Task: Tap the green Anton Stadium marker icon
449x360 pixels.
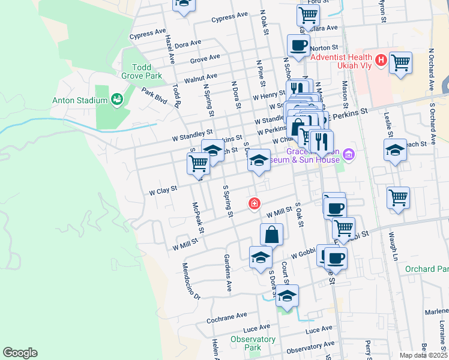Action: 116,99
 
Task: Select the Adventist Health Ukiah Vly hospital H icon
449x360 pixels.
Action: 380,60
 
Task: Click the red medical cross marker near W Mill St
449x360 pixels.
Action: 255,205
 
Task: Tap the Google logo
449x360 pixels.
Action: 20,353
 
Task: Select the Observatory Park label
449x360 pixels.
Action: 254,343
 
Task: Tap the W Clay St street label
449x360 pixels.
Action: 163,191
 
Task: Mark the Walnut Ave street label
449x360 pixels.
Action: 200,78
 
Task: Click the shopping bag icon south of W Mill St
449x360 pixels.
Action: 271,234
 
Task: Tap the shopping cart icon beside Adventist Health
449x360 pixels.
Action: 400,62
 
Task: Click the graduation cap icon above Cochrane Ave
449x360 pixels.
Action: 288,295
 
